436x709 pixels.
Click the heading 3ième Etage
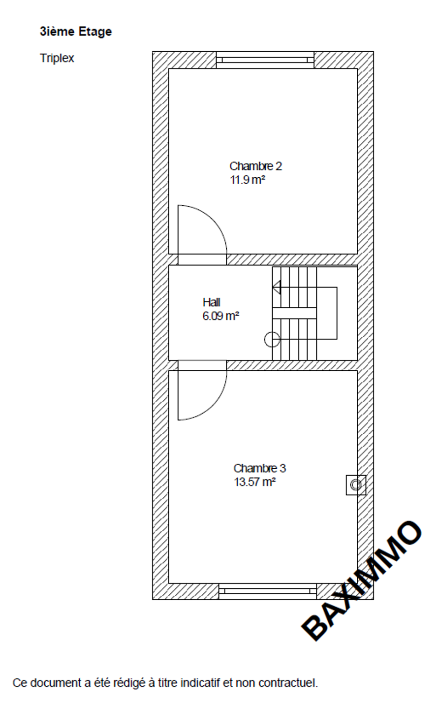(x=76, y=32)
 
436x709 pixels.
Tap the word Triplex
(x=57, y=58)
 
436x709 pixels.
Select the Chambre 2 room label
(x=256, y=166)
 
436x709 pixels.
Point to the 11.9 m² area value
(x=248, y=180)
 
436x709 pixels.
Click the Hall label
(x=211, y=302)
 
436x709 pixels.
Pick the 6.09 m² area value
(x=220, y=316)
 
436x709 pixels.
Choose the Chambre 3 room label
(x=259, y=468)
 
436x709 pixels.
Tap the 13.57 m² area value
(x=255, y=482)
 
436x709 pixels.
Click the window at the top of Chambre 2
(x=265, y=60)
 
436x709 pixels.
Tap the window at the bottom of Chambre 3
(x=267, y=591)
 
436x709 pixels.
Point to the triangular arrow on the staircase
(x=277, y=288)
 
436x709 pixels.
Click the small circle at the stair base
(x=272, y=340)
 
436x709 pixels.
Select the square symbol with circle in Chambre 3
(x=356, y=485)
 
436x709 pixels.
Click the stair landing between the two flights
(x=295, y=313)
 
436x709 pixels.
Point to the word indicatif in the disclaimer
(x=200, y=683)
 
